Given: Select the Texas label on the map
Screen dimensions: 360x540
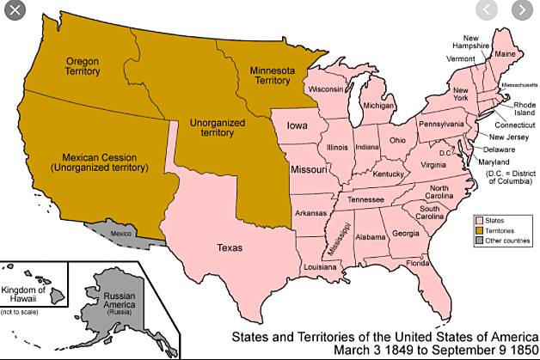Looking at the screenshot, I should [x=229, y=247].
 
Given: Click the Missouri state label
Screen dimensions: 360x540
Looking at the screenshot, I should [x=309, y=170].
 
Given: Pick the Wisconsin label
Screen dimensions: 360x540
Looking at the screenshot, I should [x=326, y=89].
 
